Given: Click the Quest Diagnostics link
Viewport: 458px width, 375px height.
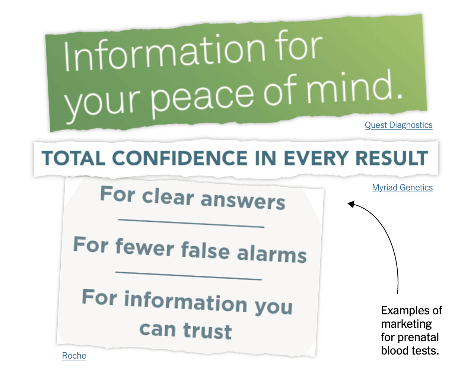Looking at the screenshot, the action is pyautogui.click(x=398, y=125).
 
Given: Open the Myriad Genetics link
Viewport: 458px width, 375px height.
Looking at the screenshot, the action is pyautogui.click(x=402, y=188).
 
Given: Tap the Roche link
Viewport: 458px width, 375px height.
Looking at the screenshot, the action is pyautogui.click(x=74, y=356).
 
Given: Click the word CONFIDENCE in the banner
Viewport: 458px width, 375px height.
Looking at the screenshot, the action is pyautogui.click(x=180, y=158).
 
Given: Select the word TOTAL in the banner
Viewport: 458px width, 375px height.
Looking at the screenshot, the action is pyautogui.click(x=73, y=158).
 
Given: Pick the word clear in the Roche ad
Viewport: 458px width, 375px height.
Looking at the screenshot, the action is pyautogui.click(x=168, y=197).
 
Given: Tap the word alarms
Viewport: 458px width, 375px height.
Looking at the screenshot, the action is pyautogui.click(x=272, y=254).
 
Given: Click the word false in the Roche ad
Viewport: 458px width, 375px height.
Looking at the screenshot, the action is pyautogui.click(x=206, y=250).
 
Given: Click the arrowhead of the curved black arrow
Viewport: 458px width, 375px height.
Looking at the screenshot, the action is pyautogui.click(x=351, y=204).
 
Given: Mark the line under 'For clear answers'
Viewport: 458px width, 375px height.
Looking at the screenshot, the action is pyautogui.click(x=191, y=223).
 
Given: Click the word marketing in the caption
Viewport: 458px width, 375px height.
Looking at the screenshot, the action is pyautogui.click(x=406, y=324).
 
